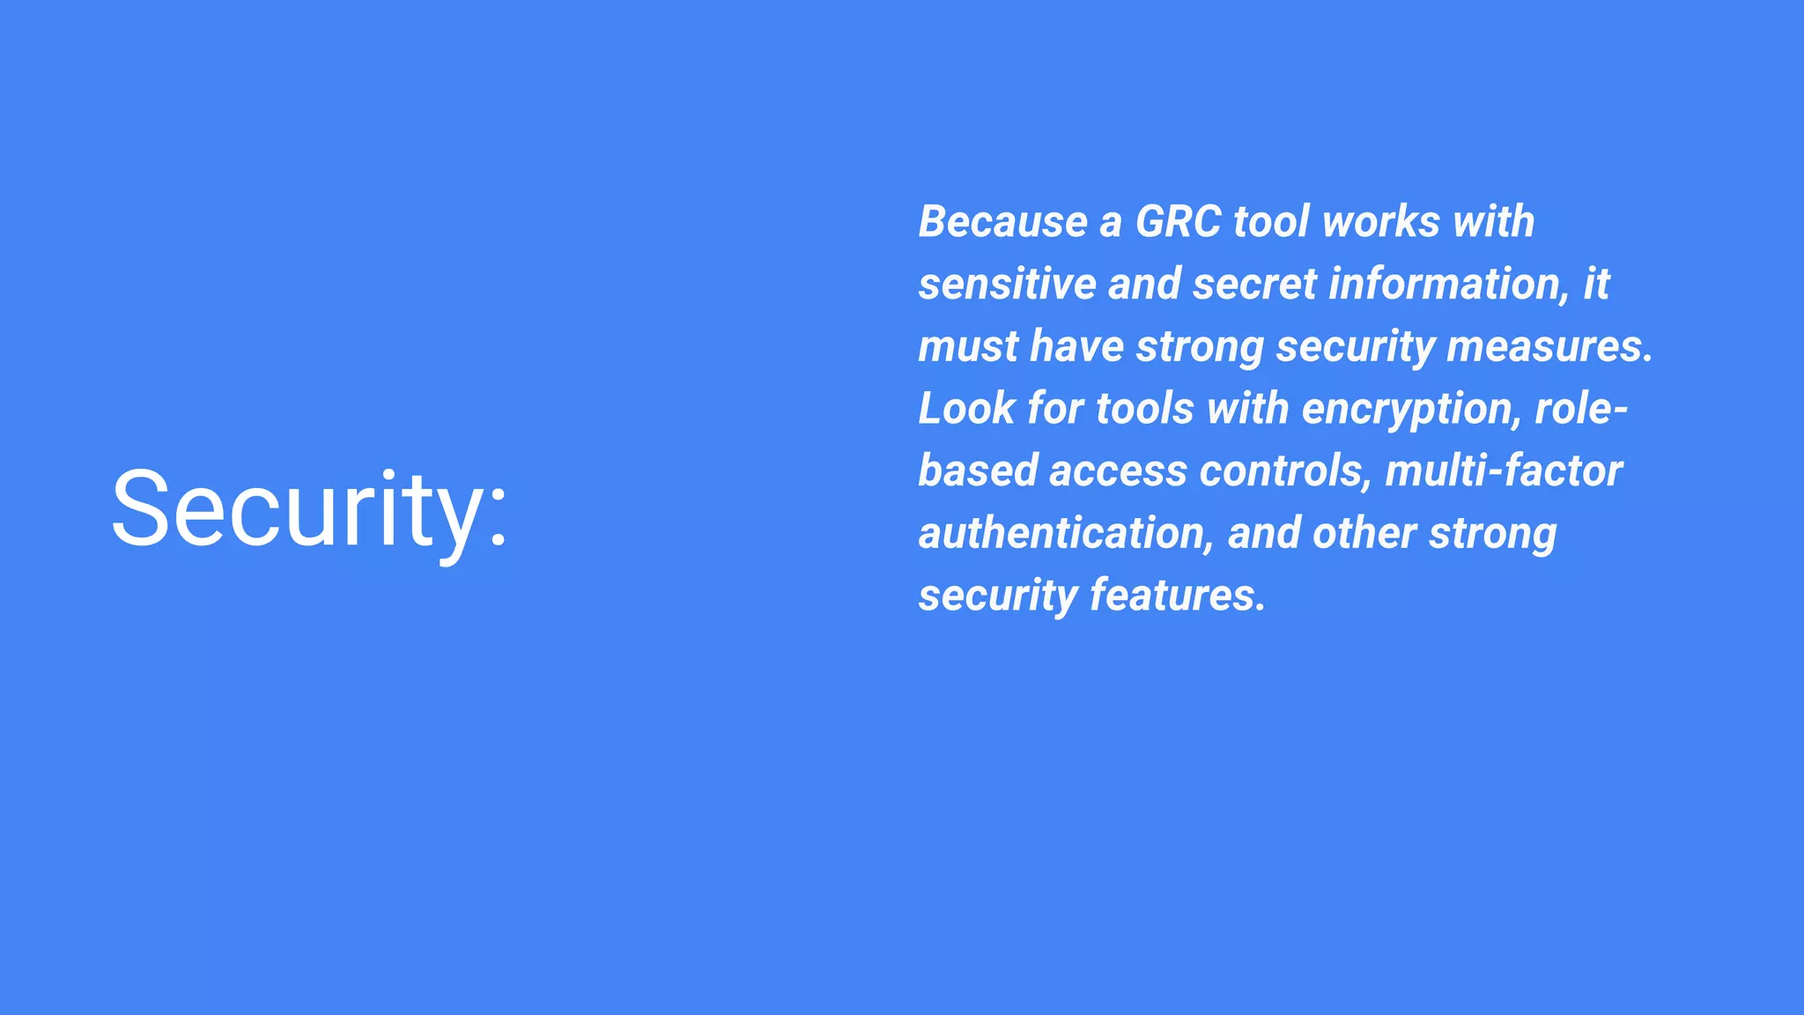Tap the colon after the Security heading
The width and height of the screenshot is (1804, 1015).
coord(499,515)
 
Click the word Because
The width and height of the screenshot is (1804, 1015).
coord(1002,221)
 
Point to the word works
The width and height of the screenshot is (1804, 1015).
coord(1380,221)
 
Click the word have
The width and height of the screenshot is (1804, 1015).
coord(1076,346)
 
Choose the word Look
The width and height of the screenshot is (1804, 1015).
coord(966,409)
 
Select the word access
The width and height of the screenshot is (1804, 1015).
coord(1117,472)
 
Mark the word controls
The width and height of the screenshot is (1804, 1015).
coord(1285,470)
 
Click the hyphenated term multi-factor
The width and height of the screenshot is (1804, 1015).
coord(1503,470)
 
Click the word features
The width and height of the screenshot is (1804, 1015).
coord(1178,596)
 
